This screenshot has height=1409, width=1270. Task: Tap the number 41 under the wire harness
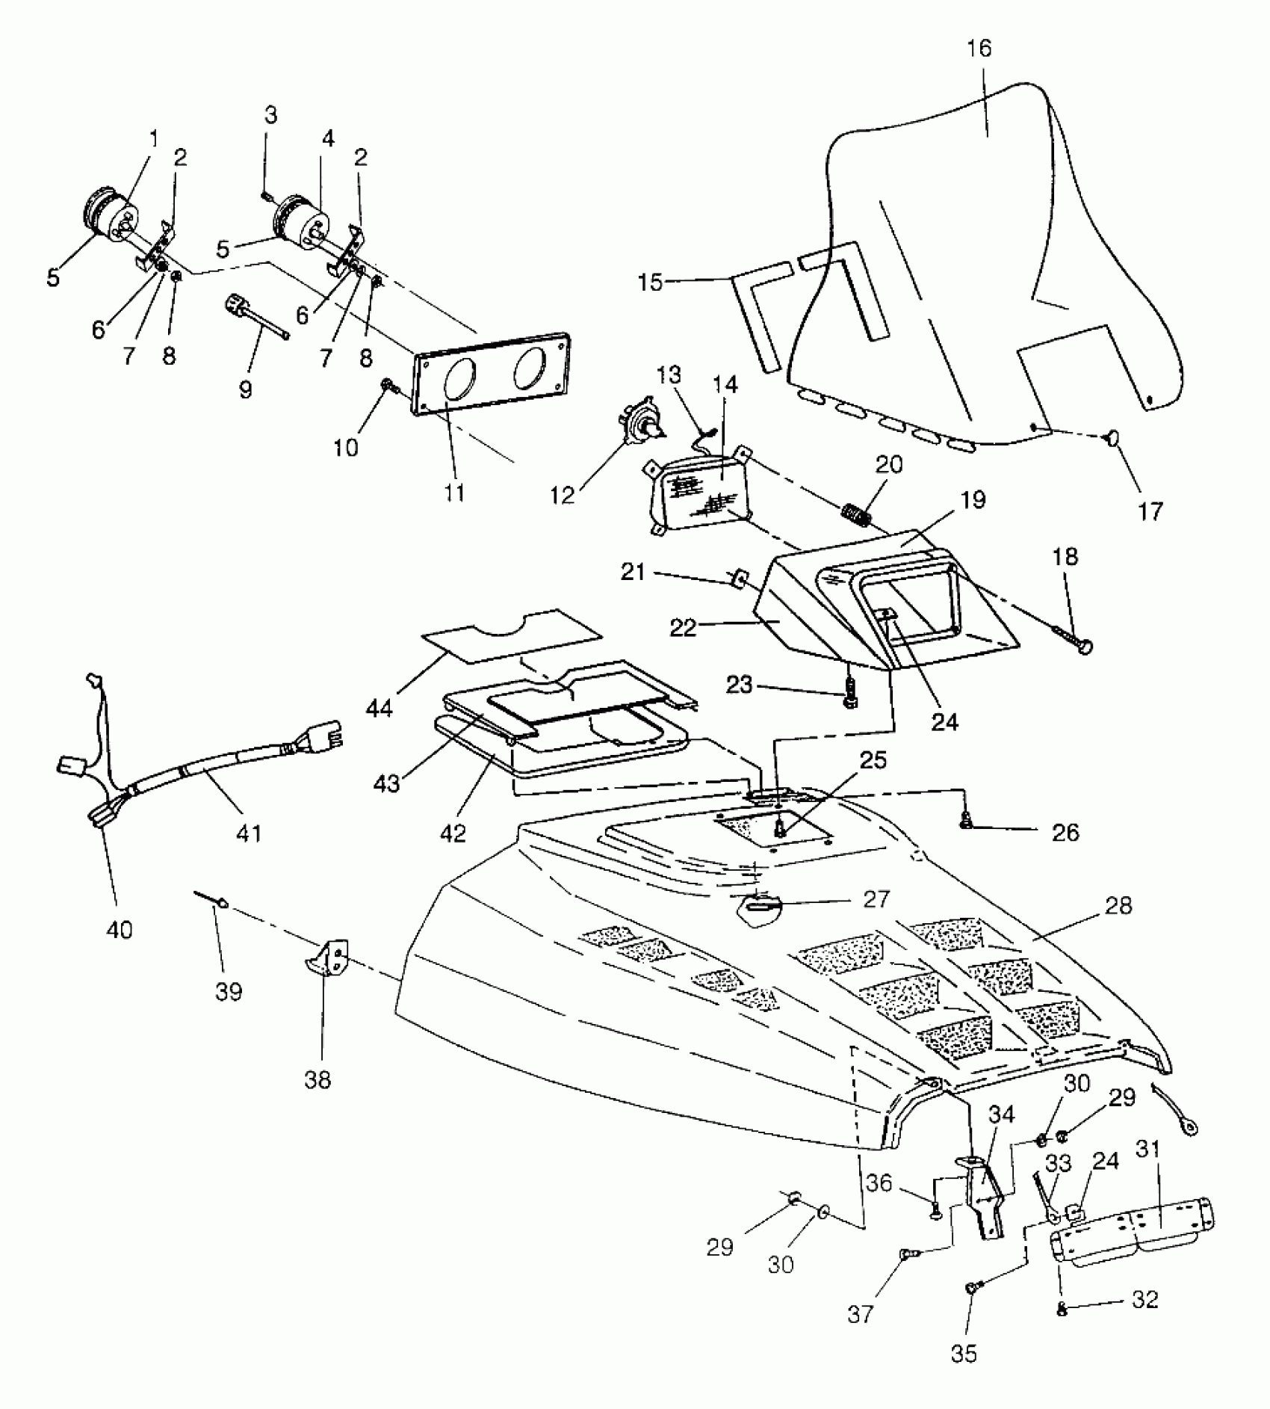click(249, 832)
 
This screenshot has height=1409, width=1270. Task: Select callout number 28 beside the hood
click(1119, 906)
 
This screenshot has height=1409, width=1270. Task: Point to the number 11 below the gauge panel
click(454, 493)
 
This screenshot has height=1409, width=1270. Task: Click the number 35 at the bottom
click(964, 1354)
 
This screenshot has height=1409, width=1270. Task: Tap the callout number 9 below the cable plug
click(246, 389)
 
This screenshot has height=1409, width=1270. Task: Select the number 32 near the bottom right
click(1144, 1300)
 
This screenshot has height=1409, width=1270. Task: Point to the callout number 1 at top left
click(154, 139)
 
